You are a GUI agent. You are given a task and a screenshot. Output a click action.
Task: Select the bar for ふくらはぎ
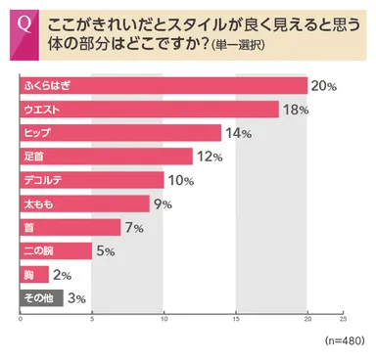click(164, 86)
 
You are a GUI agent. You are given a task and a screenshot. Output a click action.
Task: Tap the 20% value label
click(324, 86)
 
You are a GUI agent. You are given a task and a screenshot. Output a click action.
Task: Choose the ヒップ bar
click(120, 133)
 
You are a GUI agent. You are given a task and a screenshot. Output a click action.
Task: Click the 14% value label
click(237, 133)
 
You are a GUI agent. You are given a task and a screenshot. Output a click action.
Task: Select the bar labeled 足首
click(107, 157)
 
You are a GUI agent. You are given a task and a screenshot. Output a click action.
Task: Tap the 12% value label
click(209, 157)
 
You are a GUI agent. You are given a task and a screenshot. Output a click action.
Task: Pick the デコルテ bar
click(92, 180)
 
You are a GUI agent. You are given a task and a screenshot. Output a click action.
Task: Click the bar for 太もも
click(85, 203)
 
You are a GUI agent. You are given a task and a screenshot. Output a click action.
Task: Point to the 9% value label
click(163, 203)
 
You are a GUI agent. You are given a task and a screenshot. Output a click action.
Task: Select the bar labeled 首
click(70, 227)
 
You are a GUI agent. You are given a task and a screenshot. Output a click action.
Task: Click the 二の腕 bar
click(57, 251)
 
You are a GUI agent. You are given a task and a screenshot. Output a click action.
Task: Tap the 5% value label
click(106, 251)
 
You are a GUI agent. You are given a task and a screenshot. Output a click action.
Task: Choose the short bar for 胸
click(35, 275)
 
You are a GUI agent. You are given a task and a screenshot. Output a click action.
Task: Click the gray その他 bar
click(42, 298)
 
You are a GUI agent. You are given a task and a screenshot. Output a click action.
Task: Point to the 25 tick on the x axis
click(343, 319)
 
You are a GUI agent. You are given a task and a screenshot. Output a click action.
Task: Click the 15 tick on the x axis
click(236, 319)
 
